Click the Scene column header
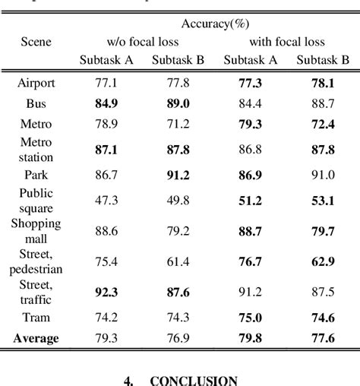pos(36,41)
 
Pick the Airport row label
pos(36,82)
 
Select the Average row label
pos(36,337)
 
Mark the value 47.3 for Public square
pos(106,201)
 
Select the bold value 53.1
pos(323,201)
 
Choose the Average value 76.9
pos(176,337)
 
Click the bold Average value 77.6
pos(323,337)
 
